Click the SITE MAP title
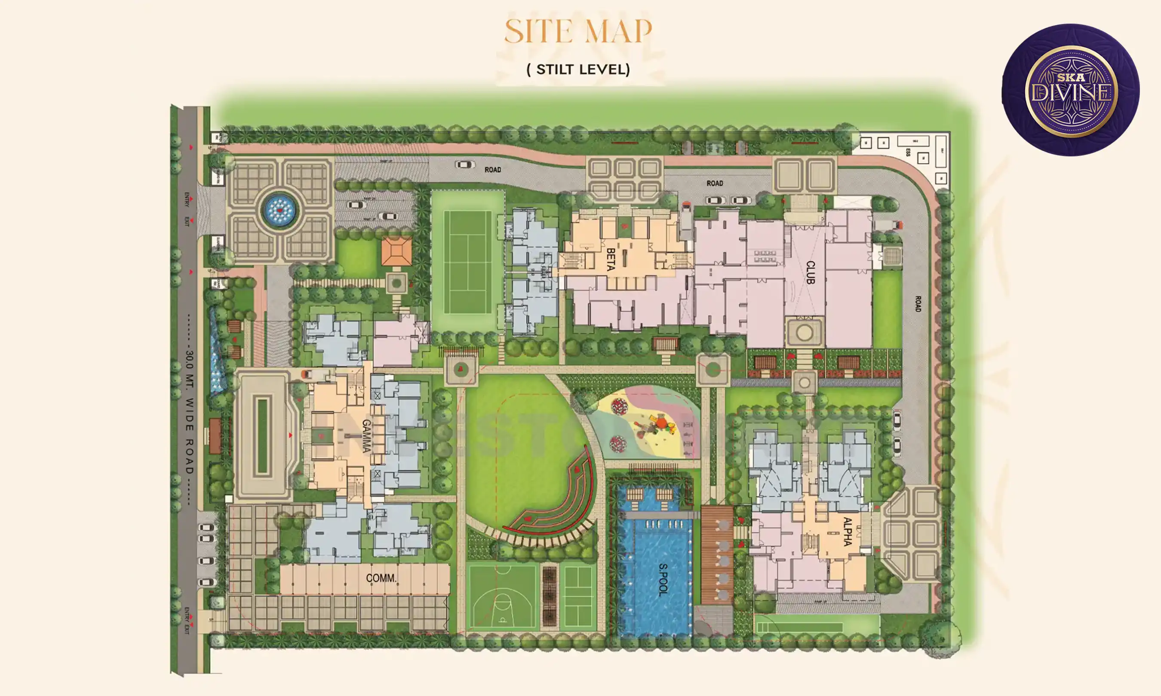(x=578, y=31)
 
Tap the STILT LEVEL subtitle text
(x=578, y=70)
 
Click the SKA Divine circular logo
(x=1070, y=90)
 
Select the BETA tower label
(x=611, y=259)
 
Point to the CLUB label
(x=810, y=272)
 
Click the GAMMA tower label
(x=366, y=436)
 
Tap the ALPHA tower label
(x=847, y=531)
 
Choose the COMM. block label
(x=381, y=578)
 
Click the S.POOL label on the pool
(x=663, y=580)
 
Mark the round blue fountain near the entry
(x=279, y=210)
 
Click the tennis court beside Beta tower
(x=467, y=262)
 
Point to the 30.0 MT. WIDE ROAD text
(x=189, y=410)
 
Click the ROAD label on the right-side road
(x=918, y=304)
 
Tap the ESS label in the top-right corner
(x=908, y=153)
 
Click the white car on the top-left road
(x=464, y=165)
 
